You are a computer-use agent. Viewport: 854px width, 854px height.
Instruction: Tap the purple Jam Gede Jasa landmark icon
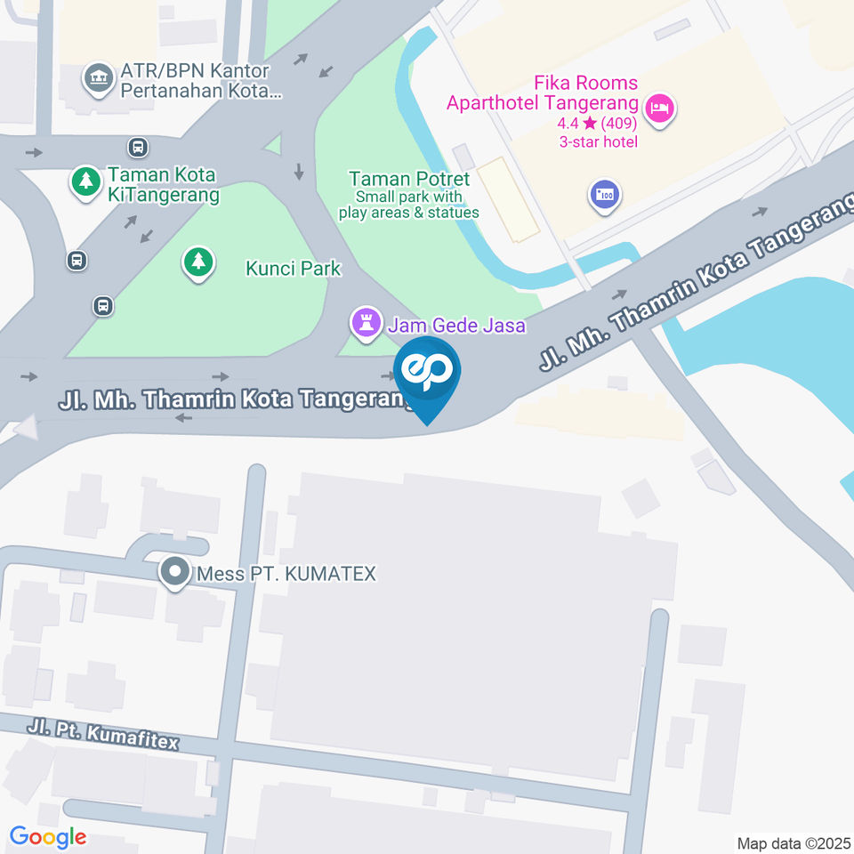click(365, 323)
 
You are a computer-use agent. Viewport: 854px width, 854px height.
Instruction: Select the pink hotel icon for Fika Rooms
click(660, 109)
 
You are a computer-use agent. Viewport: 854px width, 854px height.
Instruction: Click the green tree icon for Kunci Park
click(198, 262)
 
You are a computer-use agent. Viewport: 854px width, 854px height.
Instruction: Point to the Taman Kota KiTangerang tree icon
click(85, 182)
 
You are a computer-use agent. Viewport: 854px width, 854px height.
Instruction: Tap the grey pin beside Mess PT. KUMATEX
click(174, 572)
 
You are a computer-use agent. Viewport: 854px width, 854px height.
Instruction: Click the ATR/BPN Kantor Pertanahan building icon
click(97, 77)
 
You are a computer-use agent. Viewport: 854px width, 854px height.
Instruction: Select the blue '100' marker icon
click(604, 194)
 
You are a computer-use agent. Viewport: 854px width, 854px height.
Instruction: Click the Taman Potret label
click(408, 179)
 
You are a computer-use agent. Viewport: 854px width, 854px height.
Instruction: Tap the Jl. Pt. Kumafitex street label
click(103, 735)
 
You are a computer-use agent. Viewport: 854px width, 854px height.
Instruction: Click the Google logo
click(48, 836)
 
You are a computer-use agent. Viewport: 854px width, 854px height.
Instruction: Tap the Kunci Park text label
click(294, 268)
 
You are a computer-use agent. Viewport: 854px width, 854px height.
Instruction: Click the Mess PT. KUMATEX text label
click(286, 574)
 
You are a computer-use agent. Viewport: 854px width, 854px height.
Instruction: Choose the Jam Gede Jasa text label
click(455, 326)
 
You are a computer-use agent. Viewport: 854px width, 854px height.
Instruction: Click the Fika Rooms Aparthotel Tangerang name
click(542, 93)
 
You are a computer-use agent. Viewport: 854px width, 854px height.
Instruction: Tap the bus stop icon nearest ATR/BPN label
click(137, 146)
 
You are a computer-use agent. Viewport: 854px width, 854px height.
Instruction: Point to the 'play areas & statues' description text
click(408, 213)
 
